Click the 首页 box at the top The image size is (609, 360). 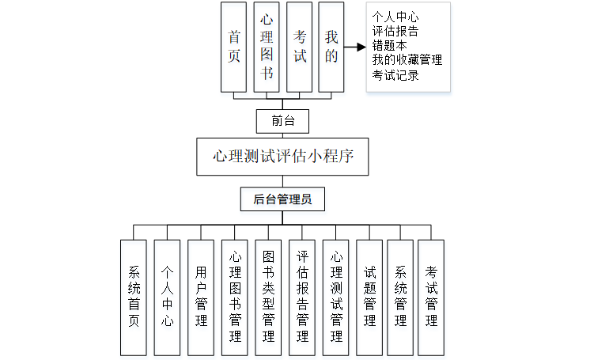[234, 47]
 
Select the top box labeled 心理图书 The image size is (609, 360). [267, 47]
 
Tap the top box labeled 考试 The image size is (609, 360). [299, 47]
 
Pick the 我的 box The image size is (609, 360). [331, 47]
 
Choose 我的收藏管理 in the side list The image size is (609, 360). [407, 60]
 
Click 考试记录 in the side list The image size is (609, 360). [395, 75]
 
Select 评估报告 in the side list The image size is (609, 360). [395, 32]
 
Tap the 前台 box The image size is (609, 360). [282, 121]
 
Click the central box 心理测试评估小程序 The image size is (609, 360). [282, 157]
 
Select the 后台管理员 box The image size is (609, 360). [282, 199]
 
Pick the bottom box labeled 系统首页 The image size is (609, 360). [134, 297]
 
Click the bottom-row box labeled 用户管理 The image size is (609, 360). [201, 297]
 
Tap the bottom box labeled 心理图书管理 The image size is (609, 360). [235, 297]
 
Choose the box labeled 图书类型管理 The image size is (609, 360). [268, 297]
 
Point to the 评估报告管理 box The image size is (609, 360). [302, 297]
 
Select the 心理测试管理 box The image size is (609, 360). [336, 297]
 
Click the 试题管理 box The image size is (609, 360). [369, 297]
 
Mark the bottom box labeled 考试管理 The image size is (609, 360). [431, 297]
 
